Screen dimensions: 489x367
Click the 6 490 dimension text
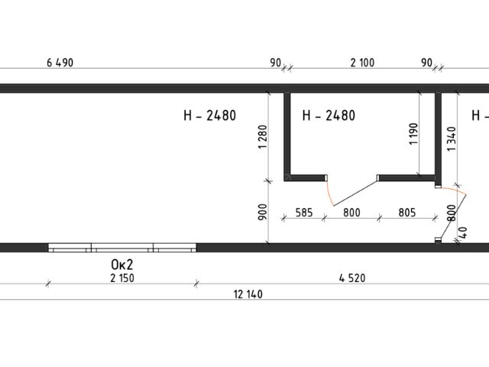coord(60,63)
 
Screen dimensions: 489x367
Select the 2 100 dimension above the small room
coord(362,63)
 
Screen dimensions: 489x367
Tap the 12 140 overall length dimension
coord(248,294)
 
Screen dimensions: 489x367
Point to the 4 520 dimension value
coord(352,278)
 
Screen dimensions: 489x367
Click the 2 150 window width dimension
coord(122,278)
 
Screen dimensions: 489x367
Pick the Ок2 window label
coord(122,265)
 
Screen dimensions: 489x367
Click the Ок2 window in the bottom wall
coord(122,248)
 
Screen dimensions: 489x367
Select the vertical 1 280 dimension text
coord(263,137)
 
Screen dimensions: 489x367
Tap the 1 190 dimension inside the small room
coord(413,134)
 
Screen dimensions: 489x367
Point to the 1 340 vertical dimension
coord(452,139)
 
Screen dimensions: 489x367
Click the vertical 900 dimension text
coord(263,212)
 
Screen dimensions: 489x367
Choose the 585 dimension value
coord(304,213)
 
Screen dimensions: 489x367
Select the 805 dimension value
coord(407,213)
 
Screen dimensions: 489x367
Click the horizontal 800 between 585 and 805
coord(351,213)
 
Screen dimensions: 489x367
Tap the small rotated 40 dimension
coord(463,232)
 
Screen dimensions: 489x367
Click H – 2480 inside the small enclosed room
coord(329,115)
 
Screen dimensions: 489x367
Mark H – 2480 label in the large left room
coord(210,115)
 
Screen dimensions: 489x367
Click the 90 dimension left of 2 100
coord(276,63)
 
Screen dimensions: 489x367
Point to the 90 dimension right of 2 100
coord(427,63)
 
